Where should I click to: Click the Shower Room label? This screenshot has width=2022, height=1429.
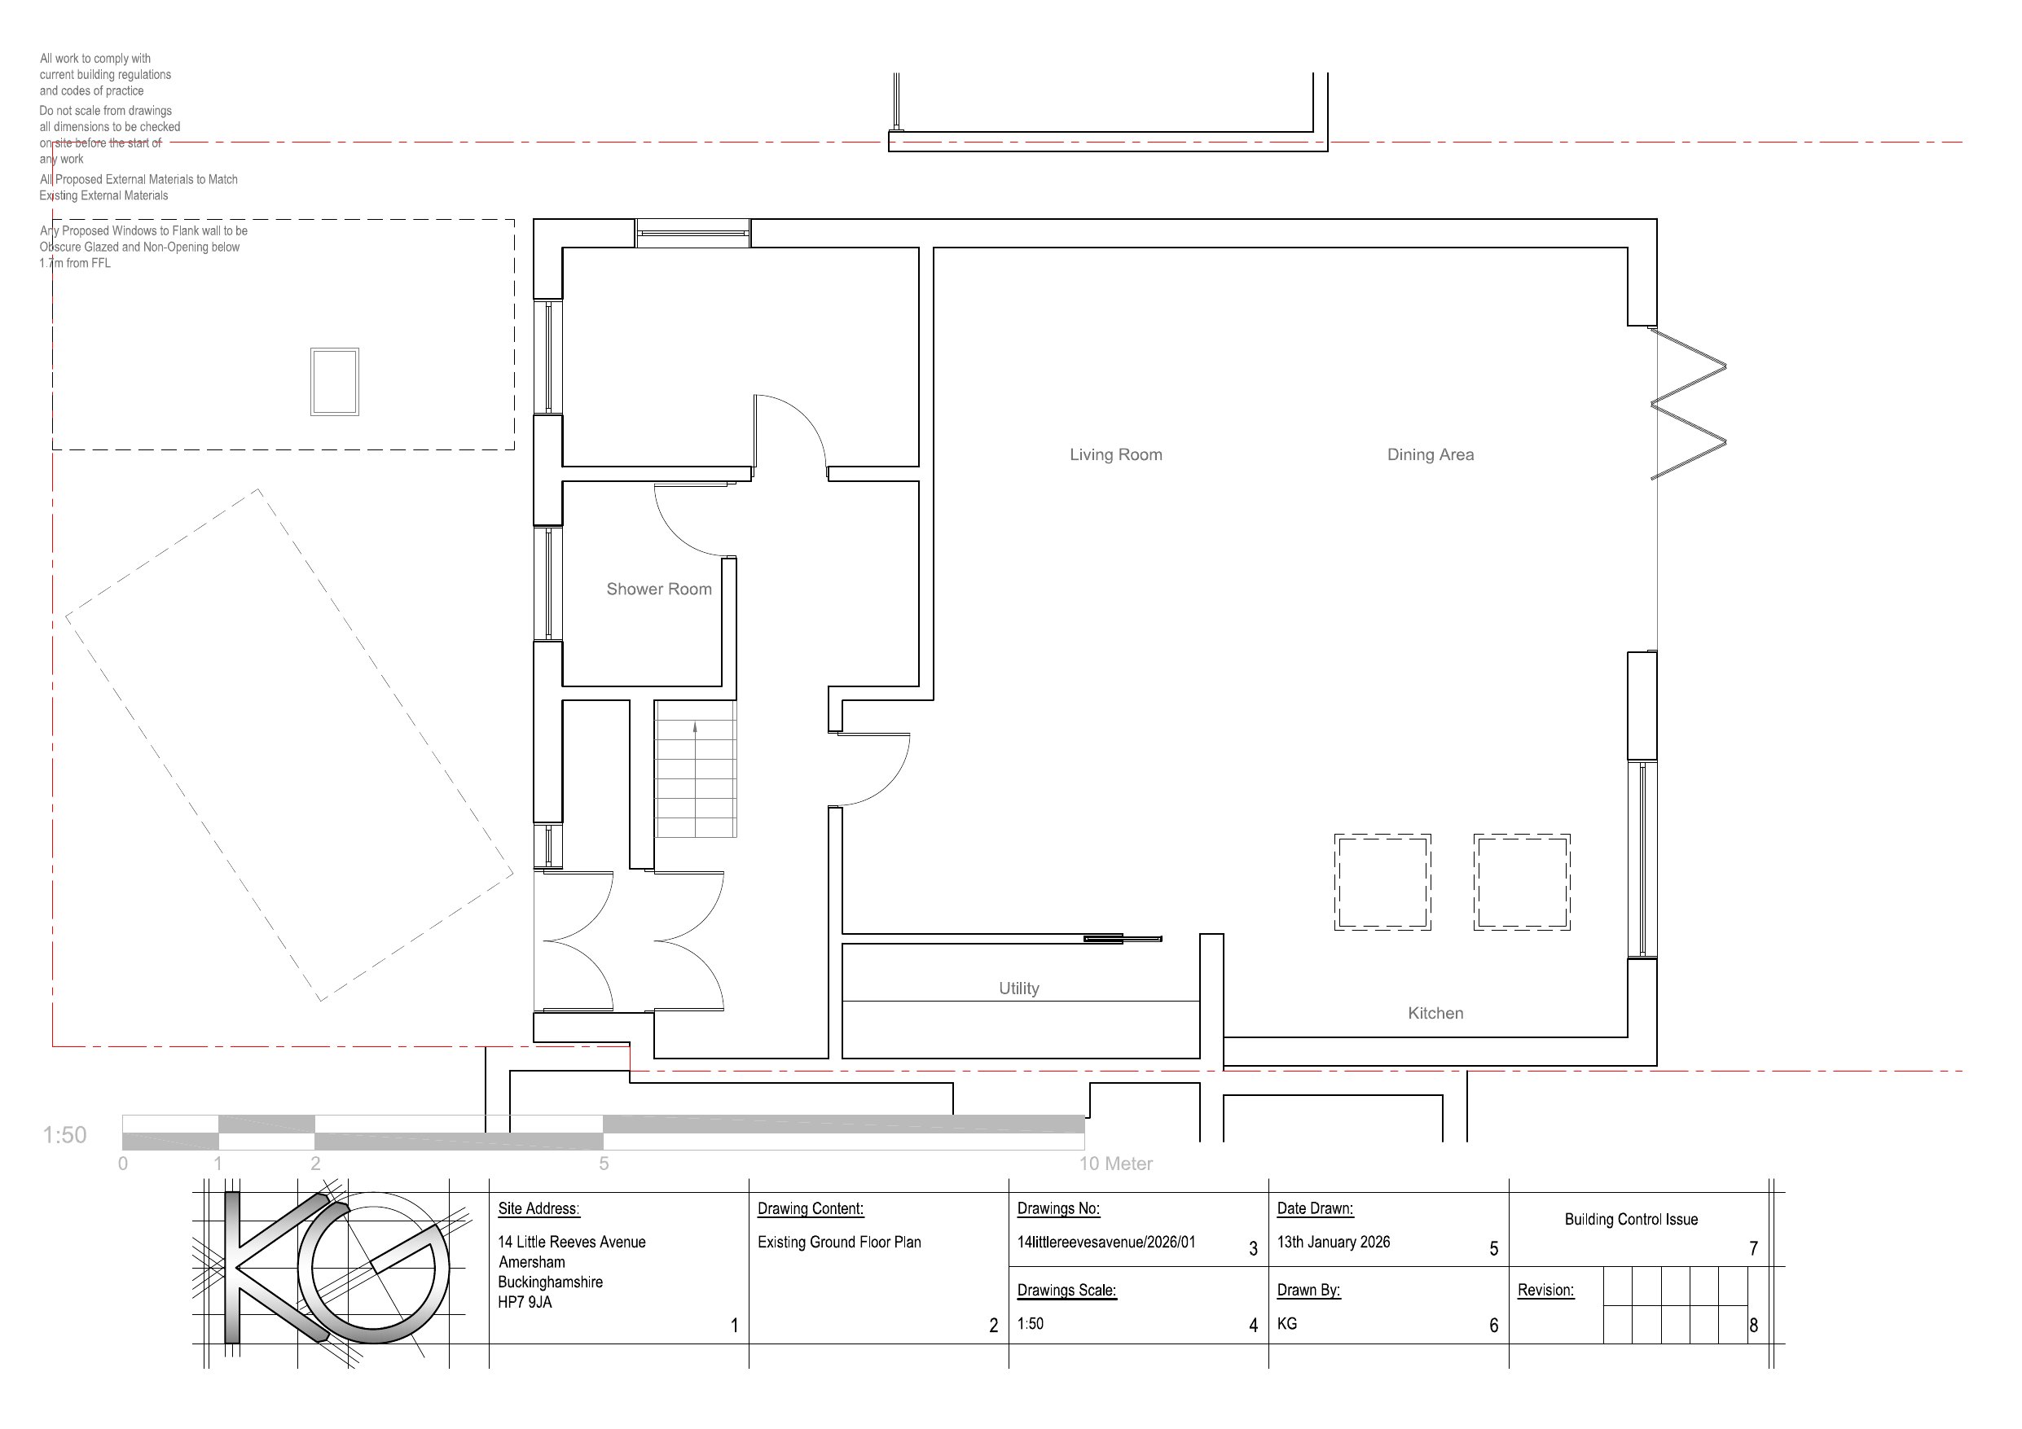pos(659,589)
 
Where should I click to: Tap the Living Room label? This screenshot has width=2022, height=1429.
pos(1115,454)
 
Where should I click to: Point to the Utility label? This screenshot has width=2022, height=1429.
pos(1018,988)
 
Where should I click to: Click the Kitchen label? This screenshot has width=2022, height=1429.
pos(1435,1013)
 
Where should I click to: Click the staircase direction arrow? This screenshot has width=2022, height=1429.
pos(695,729)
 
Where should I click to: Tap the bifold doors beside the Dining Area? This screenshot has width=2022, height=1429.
pos(1686,404)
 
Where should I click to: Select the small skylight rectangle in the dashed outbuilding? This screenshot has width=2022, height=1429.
pos(335,382)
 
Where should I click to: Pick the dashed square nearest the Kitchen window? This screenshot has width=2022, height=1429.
pos(1521,882)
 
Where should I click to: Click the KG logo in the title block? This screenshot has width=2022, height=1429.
pos(335,1268)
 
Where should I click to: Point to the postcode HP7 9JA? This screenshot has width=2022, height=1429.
pos(525,1302)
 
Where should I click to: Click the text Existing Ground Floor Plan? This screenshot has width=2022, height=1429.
pos(838,1243)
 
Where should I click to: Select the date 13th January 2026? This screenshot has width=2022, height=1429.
pos(1334,1243)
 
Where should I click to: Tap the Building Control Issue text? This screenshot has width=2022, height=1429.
pos(1630,1220)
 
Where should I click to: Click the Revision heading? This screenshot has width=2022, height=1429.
pos(1545,1290)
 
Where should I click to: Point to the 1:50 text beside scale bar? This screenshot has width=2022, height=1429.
pos(65,1135)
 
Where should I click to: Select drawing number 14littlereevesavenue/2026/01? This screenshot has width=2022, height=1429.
pos(1106,1243)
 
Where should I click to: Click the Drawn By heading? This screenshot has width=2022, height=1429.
pos(1308,1290)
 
